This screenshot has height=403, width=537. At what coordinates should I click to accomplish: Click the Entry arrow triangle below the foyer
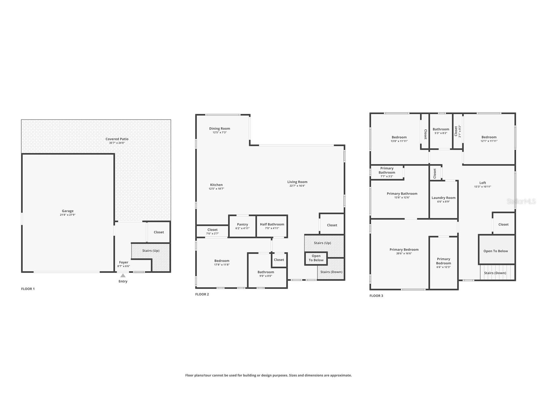click(123, 276)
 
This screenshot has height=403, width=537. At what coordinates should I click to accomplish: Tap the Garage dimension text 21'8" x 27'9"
click(67, 215)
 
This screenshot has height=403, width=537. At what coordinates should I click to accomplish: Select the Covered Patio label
click(117, 139)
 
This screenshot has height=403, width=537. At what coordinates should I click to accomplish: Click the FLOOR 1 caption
click(28, 289)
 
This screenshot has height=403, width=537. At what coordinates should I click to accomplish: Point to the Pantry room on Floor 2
click(242, 226)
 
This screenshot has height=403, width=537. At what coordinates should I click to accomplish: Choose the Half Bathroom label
click(272, 224)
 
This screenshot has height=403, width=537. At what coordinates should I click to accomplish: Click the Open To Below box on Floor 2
click(316, 258)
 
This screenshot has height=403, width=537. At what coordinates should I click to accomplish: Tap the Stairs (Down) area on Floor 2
click(331, 272)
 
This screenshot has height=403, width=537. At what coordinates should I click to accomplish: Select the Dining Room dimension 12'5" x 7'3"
click(219, 132)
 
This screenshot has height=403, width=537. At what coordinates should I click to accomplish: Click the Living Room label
click(297, 182)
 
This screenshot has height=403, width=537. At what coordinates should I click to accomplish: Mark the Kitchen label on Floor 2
click(216, 185)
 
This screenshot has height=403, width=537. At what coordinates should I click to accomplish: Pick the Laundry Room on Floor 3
click(443, 199)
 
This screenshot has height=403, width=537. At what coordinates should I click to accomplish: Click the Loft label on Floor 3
click(482, 183)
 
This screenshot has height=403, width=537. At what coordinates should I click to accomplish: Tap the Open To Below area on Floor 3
click(496, 251)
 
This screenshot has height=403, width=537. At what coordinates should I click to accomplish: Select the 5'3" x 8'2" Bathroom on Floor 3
click(440, 131)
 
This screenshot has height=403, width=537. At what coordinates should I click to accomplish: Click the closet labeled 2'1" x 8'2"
click(457, 131)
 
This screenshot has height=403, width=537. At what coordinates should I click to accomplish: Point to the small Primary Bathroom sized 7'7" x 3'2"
click(387, 172)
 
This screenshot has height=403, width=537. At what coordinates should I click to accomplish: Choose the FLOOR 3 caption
click(376, 296)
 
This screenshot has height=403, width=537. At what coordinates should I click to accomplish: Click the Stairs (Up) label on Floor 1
click(151, 251)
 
